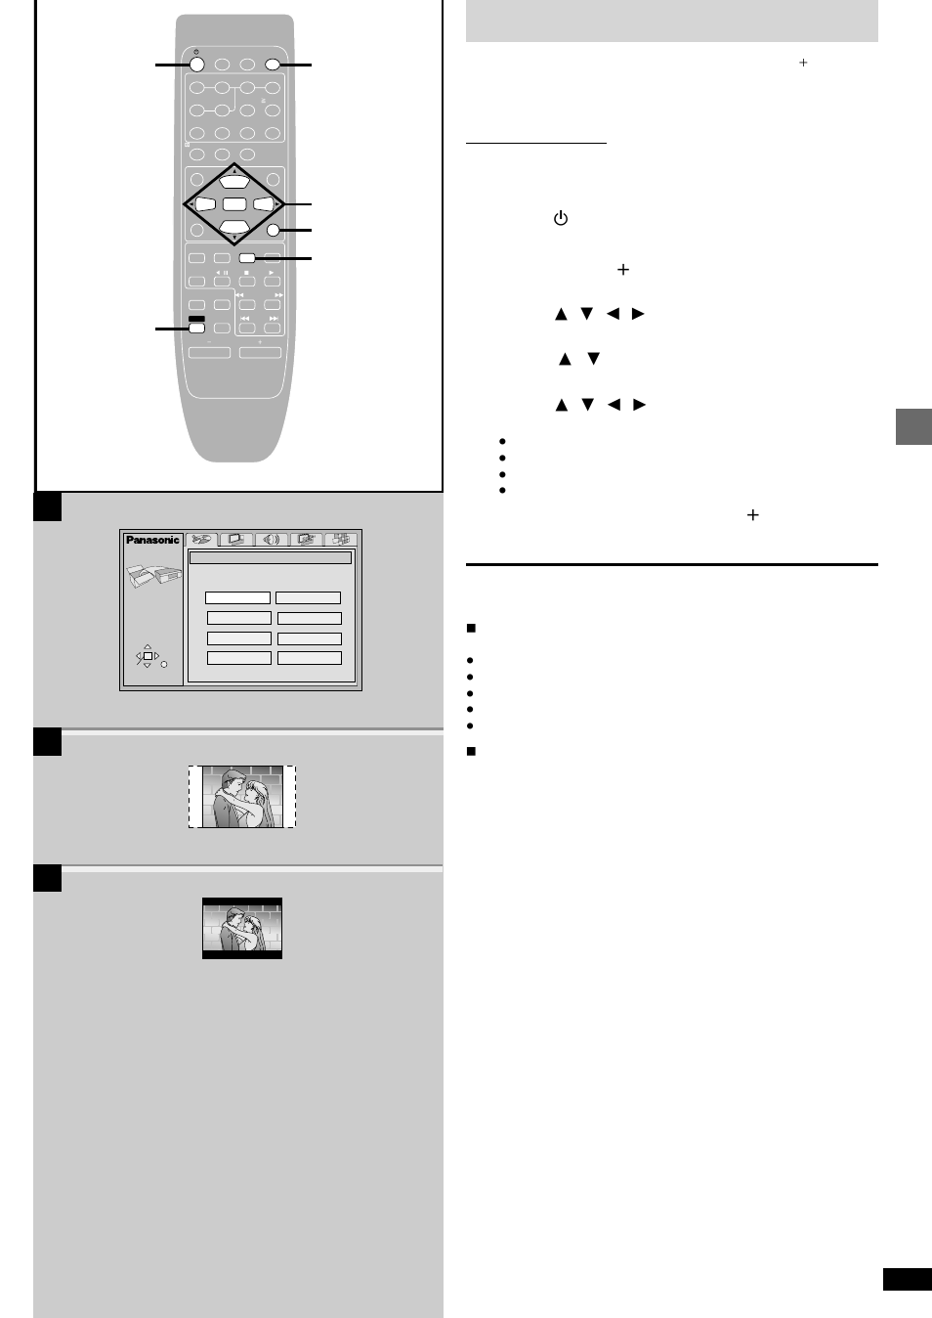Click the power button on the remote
pos(196,65)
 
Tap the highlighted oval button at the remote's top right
pos(273,65)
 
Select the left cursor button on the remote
pos(205,204)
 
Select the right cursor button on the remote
pos(263,204)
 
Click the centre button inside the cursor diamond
pos(234,204)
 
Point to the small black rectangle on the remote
pos(196,319)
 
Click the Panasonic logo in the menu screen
pos(152,540)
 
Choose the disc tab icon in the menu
pos(202,540)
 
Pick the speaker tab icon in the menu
pos(272,540)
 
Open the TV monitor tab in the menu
pos(236,540)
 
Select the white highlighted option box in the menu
pos(237,597)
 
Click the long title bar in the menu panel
pos(270,558)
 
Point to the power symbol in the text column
pos(561,218)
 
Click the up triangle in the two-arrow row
pos(565,359)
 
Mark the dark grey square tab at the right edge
pos(913,427)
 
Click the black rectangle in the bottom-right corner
pos(907,1279)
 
